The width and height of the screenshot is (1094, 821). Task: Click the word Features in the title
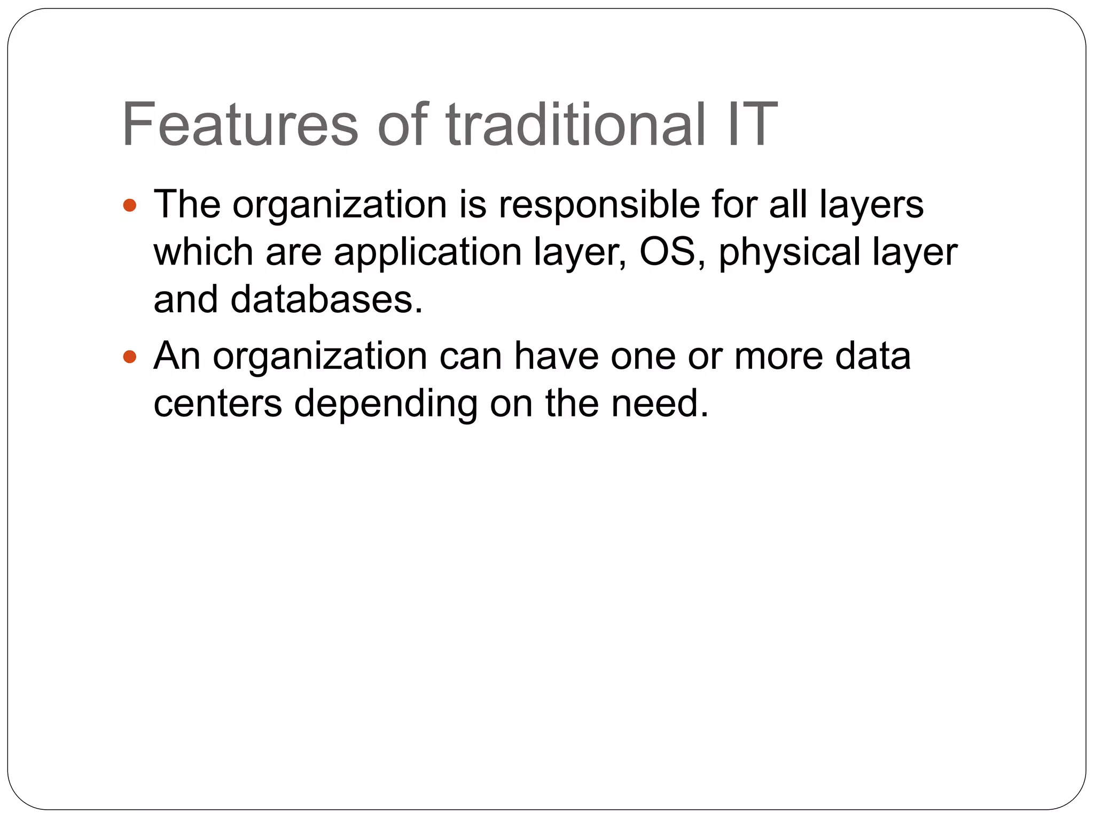(x=240, y=125)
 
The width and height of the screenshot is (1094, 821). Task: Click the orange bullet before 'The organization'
(x=129, y=205)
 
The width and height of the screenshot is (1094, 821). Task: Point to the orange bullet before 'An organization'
(x=129, y=357)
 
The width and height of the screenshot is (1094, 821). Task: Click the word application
(x=427, y=252)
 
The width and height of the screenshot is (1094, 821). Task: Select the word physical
(x=790, y=252)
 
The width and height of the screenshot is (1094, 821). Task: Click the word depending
(x=386, y=404)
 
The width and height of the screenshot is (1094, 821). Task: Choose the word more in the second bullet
(x=778, y=357)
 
